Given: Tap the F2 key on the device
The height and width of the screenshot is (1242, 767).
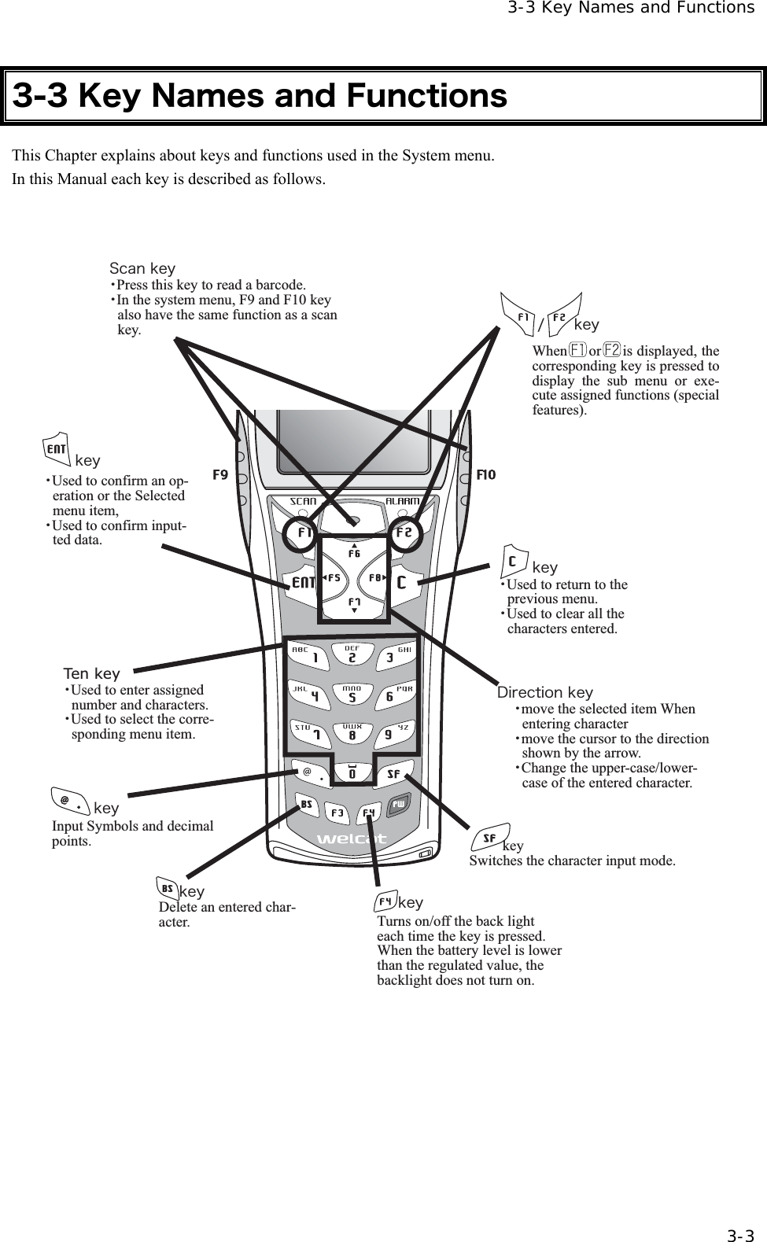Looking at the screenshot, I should (404, 533).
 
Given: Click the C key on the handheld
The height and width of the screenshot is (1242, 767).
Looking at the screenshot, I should (402, 583).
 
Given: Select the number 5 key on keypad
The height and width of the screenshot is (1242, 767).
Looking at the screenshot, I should (352, 696).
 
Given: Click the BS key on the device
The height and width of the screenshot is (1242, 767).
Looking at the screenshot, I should (307, 805).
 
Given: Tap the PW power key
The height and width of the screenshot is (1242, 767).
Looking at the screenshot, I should (399, 804).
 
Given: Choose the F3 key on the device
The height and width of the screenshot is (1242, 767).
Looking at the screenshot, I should (337, 812).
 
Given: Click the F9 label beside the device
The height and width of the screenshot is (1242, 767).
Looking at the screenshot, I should (221, 475).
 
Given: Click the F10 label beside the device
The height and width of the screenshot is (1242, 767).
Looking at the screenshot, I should (486, 475).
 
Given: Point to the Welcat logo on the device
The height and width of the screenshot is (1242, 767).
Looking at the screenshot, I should (352, 838).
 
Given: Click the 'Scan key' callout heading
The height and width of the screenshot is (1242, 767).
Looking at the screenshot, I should (142, 269).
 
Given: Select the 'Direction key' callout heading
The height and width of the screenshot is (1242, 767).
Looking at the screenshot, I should (545, 692).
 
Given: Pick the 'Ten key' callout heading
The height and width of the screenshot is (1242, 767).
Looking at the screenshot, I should (92, 673).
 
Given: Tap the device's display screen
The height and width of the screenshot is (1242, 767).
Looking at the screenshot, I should (353, 448).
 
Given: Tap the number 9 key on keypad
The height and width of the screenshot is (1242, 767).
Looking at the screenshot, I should (389, 734).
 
